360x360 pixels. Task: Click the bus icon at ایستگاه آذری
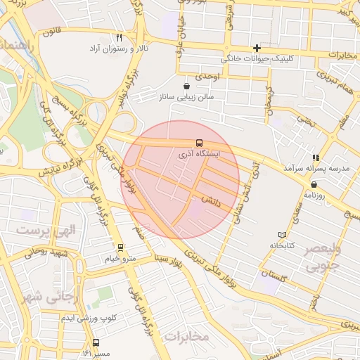pos(199,143)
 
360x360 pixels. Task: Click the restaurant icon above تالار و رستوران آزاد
pos(119,38)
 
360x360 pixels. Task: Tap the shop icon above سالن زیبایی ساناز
pos(186,86)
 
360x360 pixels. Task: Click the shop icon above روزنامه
pos(313,184)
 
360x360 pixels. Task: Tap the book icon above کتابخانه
pos(283,234)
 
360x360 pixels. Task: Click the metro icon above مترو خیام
pos(120,247)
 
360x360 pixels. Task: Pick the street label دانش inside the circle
pos(211,200)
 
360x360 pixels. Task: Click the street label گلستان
pos(274,275)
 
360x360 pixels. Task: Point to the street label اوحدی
pos(208,75)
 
